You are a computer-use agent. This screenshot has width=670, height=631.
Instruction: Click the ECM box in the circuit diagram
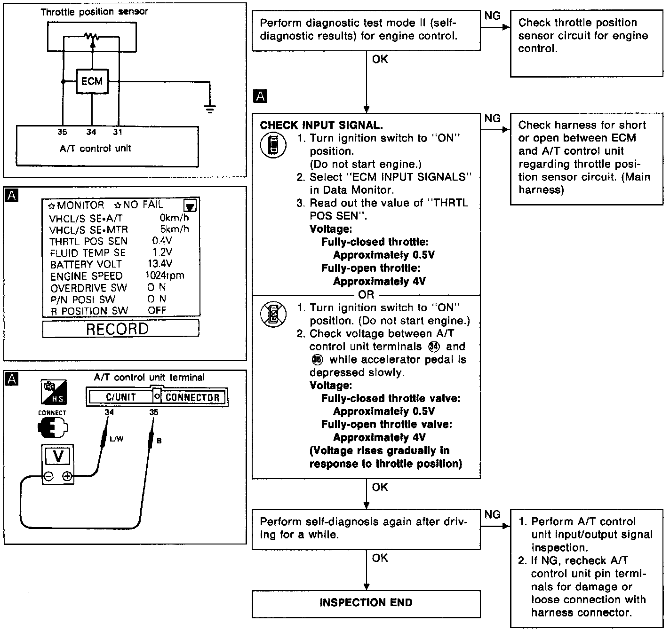(x=92, y=81)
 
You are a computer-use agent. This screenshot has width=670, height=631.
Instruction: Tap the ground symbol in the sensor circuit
(x=210, y=109)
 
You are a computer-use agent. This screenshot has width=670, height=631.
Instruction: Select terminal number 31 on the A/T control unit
(x=117, y=132)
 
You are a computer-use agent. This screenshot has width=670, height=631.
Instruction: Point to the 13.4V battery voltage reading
(x=160, y=264)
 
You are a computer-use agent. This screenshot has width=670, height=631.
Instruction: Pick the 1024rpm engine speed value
(x=165, y=276)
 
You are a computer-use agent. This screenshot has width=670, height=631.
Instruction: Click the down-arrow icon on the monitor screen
(x=191, y=206)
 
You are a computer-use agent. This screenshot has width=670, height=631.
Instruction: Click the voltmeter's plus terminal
(x=67, y=477)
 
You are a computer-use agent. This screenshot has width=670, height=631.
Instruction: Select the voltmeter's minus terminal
(x=48, y=477)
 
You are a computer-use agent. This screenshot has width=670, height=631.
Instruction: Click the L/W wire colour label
(x=116, y=439)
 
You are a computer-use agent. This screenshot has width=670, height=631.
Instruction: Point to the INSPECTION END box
(x=366, y=603)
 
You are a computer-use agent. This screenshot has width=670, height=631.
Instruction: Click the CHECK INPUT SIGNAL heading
(x=321, y=126)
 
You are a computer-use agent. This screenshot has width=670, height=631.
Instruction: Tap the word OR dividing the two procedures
(x=366, y=295)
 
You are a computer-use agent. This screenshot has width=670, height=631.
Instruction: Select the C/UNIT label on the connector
(x=121, y=397)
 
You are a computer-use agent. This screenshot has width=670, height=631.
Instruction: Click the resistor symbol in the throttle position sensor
(x=91, y=37)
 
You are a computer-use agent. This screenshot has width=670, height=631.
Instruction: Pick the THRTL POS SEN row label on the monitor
(x=88, y=241)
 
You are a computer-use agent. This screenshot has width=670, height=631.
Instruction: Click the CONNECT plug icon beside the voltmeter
(x=52, y=427)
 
